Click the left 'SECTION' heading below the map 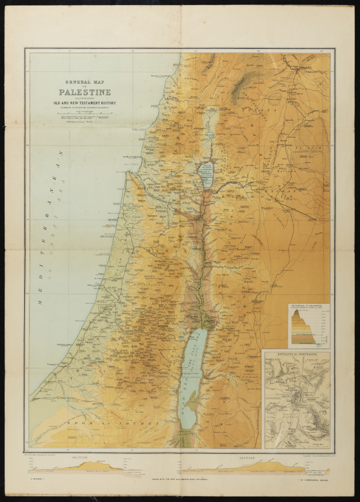click(x=80, y=457)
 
